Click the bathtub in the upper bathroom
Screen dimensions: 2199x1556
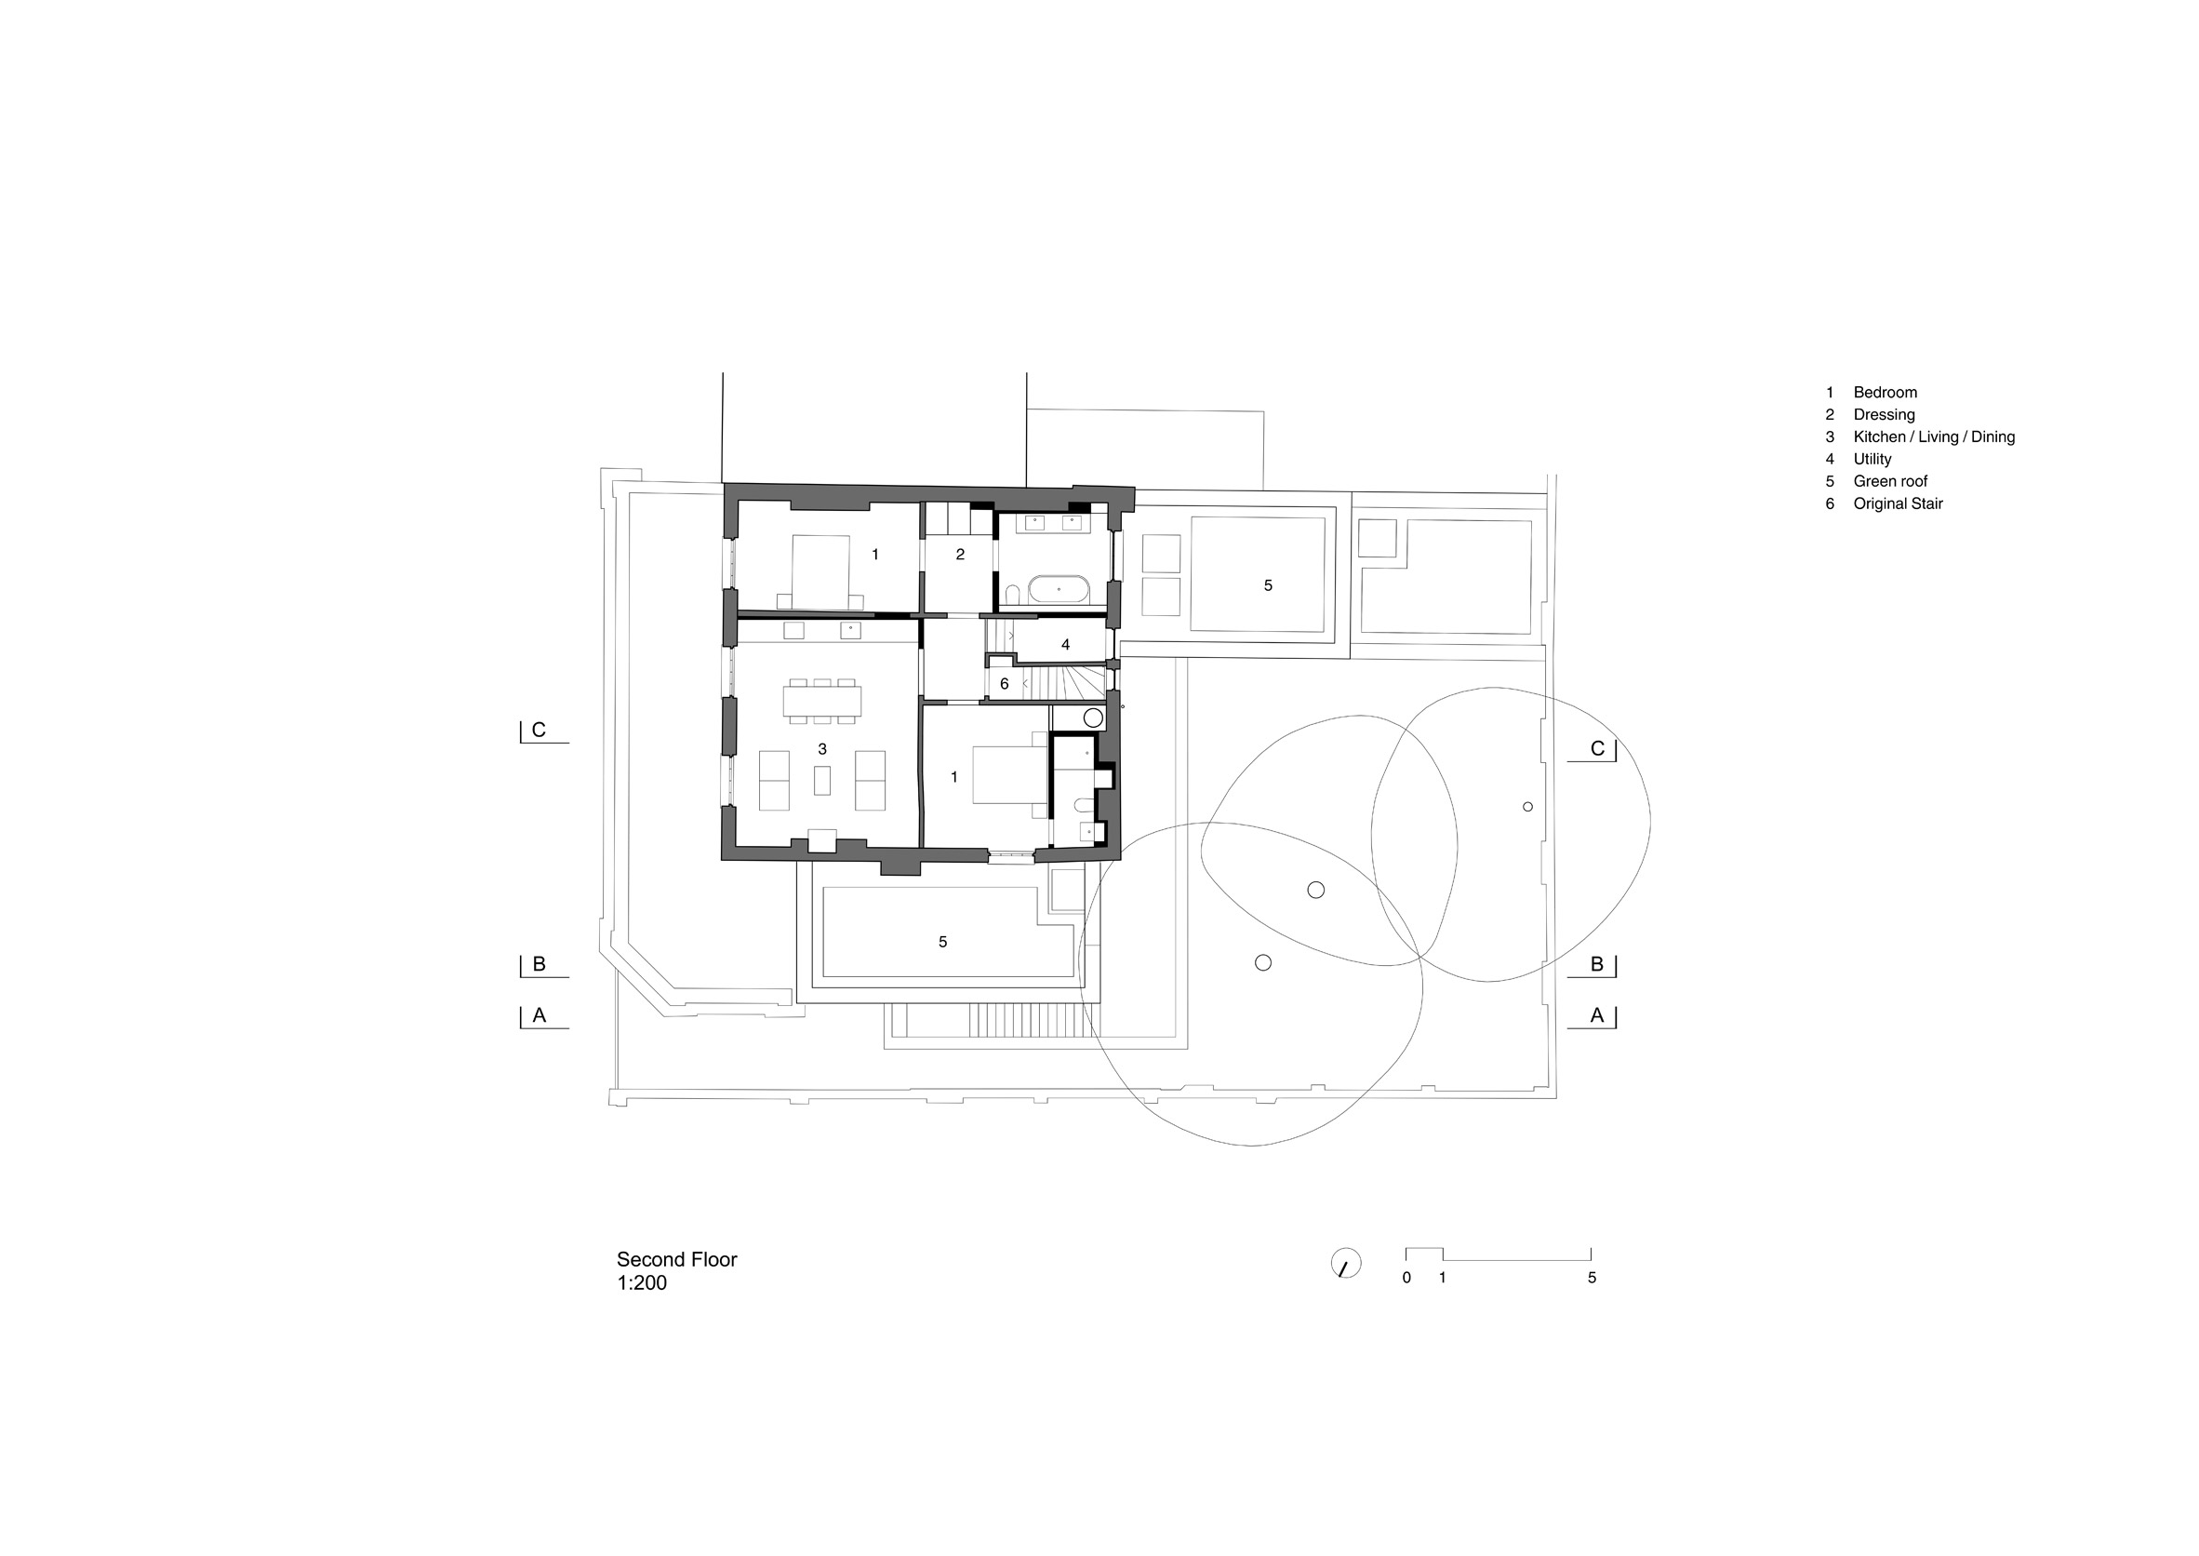tap(1059, 589)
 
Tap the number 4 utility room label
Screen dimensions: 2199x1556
tap(1065, 645)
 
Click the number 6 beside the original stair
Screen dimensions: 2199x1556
tap(1004, 684)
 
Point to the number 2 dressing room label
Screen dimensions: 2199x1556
tap(960, 554)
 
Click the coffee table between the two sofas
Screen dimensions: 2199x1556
tap(821, 780)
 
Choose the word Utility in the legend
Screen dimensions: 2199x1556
tap(1872, 459)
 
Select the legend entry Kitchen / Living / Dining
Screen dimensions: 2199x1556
tap(1934, 436)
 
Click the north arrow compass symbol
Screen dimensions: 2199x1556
tap(1346, 1263)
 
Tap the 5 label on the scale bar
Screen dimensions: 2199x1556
tap(1592, 1277)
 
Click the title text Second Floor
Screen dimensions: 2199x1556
tap(676, 1260)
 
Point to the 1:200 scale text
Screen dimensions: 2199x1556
tap(642, 1283)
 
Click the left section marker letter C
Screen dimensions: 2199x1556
tap(539, 731)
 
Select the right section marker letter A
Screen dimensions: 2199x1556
tap(1596, 1014)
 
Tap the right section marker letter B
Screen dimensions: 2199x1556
tap(1596, 964)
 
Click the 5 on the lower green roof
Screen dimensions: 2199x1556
tap(942, 942)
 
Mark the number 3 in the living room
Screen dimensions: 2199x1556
tap(821, 748)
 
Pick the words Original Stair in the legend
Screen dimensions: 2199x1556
tap(1899, 504)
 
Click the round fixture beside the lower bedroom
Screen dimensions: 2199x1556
tap(1093, 718)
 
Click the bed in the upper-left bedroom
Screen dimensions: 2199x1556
tap(820, 572)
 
